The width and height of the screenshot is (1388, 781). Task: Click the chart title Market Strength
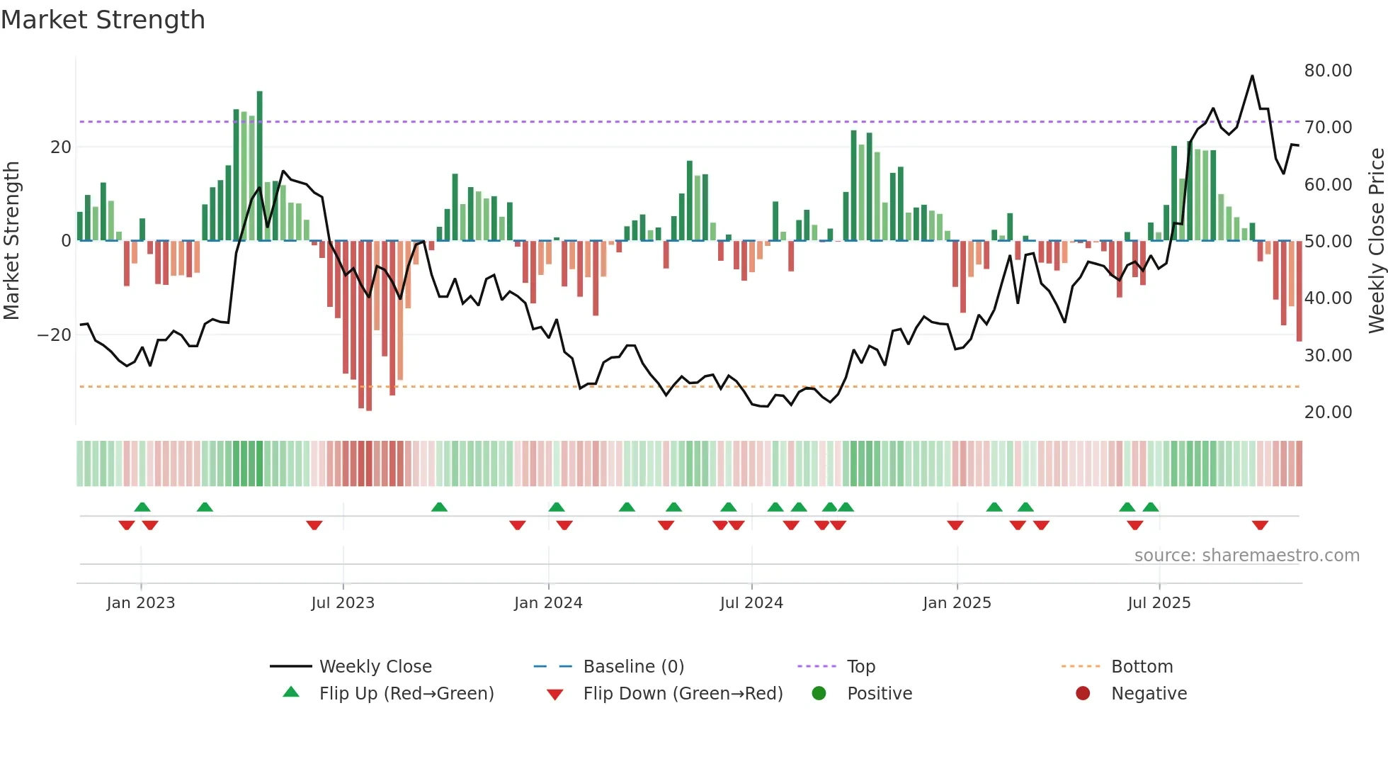click(x=103, y=20)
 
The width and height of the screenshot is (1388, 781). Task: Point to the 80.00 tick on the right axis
click(x=1328, y=70)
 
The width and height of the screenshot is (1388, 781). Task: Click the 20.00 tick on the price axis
click(x=1328, y=412)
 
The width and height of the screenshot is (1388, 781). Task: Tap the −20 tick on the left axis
click(x=55, y=335)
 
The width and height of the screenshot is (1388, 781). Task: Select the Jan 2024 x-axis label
click(x=548, y=603)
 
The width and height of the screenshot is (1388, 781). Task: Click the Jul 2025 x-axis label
click(x=1159, y=603)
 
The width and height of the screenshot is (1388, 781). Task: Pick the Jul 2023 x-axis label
click(x=343, y=603)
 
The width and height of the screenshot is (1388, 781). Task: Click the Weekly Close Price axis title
click(x=1376, y=240)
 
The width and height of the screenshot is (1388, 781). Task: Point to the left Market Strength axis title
click(x=11, y=240)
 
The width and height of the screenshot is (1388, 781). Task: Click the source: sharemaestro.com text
click(x=1246, y=556)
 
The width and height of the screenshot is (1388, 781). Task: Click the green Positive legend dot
click(x=819, y=693)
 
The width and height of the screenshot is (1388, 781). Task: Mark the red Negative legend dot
click(x=1083, y=693)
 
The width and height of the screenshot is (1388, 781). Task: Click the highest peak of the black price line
click(x=1252, y=76)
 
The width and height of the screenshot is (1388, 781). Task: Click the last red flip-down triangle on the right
click(x=1260, y=525)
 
